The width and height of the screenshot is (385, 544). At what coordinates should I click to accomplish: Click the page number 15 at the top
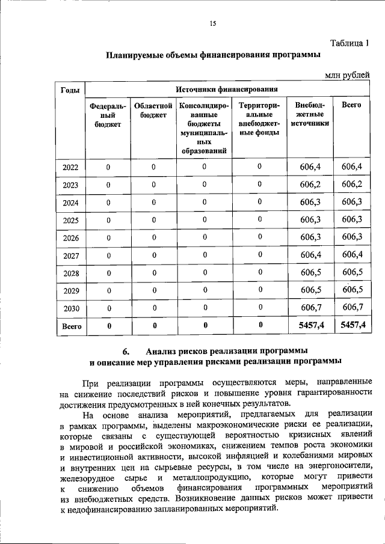pos(212,23)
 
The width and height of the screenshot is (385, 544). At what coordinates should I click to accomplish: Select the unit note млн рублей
pos(347,75)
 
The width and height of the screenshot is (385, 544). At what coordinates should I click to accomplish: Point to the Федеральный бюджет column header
pos(108,114)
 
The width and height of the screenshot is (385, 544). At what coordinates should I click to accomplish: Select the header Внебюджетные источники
pos(310,114)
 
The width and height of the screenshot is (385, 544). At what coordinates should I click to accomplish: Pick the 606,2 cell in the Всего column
pos(351,184)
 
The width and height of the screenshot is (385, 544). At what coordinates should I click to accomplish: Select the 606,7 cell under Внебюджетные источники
pos(310,308)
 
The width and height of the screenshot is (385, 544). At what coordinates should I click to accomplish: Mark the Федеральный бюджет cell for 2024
pos(108,203)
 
